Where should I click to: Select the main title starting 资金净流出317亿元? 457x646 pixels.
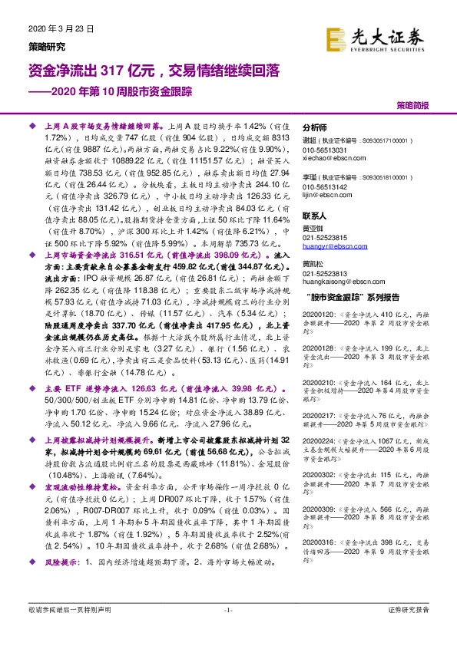154,71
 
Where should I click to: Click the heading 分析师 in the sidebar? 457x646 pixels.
315,128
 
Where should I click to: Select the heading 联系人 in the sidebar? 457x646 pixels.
315,217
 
